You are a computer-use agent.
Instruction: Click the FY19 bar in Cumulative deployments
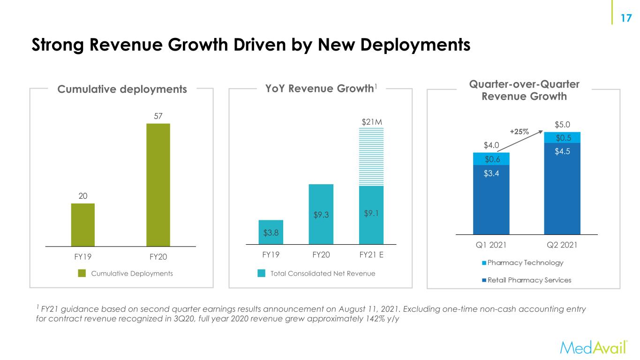(x=83, y=225)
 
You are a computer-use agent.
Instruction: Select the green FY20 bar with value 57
(x=158, y=185)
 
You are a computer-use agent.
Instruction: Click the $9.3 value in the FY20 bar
(x=321, y=215)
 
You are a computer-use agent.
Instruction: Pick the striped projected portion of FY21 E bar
(x=371, y=157)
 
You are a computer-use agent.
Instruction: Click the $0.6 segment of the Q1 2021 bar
(x=491, y=159)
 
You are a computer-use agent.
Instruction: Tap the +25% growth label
(x=520, y=132)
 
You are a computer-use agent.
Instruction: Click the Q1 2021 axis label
(x=491, y=245)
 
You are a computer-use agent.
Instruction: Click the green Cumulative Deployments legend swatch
(x=82, y=273)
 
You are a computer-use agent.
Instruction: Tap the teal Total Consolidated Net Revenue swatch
(x=262, y=273)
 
